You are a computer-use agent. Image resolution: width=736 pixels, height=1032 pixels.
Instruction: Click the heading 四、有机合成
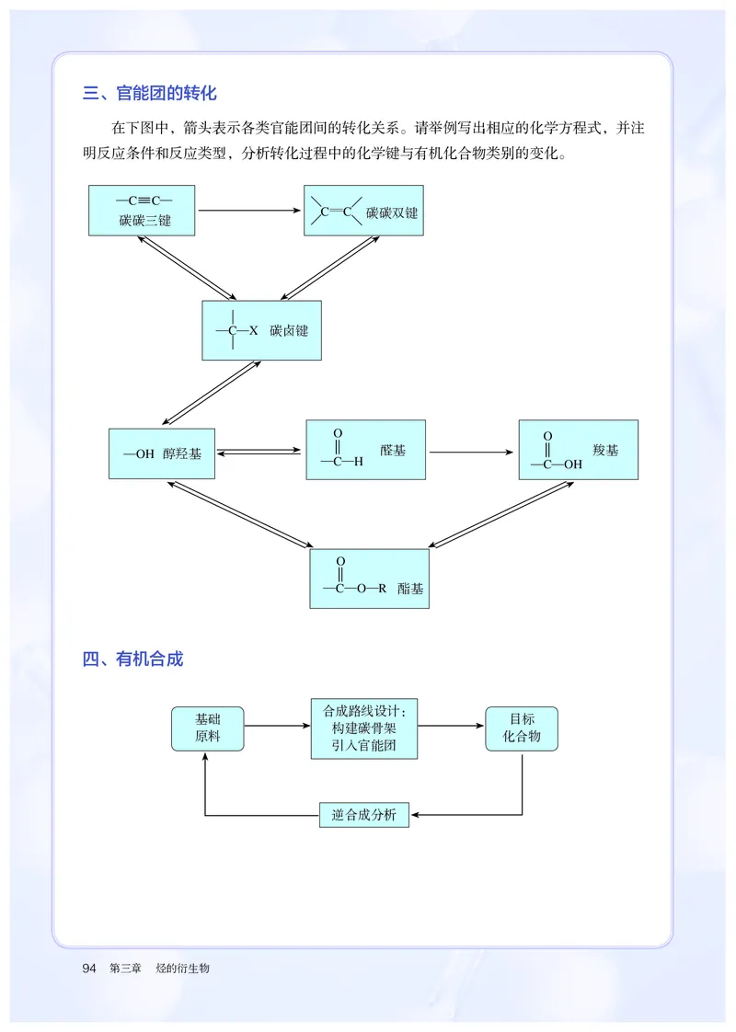[132, 659]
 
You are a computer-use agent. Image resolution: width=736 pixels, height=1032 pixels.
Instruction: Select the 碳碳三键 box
[142, 211]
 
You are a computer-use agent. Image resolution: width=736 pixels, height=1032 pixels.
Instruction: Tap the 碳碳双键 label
[392, 212]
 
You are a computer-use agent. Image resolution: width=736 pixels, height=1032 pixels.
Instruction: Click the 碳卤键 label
[289, 330]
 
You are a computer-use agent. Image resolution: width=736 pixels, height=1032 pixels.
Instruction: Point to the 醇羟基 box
[162, 453]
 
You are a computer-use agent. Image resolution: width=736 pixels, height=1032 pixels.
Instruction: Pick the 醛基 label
[393, 451]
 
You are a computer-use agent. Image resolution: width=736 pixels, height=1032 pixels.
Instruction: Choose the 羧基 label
[605, 450]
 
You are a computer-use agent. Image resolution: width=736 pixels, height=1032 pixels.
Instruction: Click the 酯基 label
[411, 589]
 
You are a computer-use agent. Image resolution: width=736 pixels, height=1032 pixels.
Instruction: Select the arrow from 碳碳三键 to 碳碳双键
[249, 211]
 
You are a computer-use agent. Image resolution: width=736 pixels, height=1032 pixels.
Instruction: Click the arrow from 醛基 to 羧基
[472, 452]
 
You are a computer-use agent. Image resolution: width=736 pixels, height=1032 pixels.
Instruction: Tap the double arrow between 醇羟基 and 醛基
[260, 452]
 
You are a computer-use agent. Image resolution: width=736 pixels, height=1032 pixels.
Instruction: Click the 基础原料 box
[208, 728]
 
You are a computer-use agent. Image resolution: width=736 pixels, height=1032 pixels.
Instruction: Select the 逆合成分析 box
[364, 814]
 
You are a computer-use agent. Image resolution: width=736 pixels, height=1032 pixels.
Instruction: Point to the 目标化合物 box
[522, 728]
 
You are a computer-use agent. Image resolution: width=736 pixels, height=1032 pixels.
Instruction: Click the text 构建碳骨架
[364, 728]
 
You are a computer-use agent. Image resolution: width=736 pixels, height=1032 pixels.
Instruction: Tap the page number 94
[89, 969]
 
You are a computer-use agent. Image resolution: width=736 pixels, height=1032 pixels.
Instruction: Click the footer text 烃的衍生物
[183, 969]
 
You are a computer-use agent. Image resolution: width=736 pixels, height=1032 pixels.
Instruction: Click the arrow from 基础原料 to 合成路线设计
[278, 727]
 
